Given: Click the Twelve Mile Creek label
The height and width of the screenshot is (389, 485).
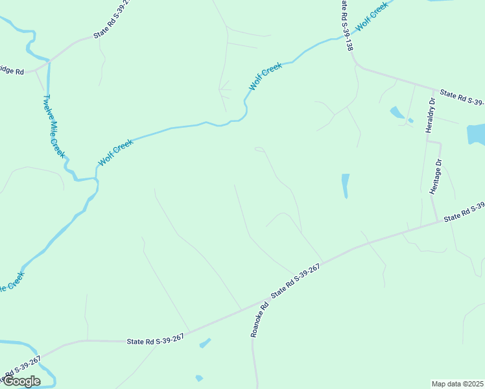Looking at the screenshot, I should coord(54,126).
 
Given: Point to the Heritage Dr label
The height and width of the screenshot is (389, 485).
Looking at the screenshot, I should coord(436,176).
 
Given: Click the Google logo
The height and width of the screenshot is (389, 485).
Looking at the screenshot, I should coord(21,381).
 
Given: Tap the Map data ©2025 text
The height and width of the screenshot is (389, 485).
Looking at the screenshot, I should coord(458,384).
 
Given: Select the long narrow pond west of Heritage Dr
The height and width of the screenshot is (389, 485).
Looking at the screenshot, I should coord(346,185).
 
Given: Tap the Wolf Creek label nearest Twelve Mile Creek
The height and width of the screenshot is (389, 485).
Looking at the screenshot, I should coord(115,152).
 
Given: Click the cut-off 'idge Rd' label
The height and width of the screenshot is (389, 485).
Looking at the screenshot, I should coord(12,71).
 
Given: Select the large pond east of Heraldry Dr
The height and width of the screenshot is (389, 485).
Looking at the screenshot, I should coord(476,134).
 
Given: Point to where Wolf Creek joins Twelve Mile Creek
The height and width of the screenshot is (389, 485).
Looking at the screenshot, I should coord(96,178).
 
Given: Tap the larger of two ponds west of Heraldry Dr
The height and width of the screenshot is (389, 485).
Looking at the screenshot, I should coord(397,112).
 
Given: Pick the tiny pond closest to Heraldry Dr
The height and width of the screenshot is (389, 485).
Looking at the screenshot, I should coord(410,121).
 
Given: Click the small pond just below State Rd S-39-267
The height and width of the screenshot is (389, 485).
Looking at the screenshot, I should coord(205,343).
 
